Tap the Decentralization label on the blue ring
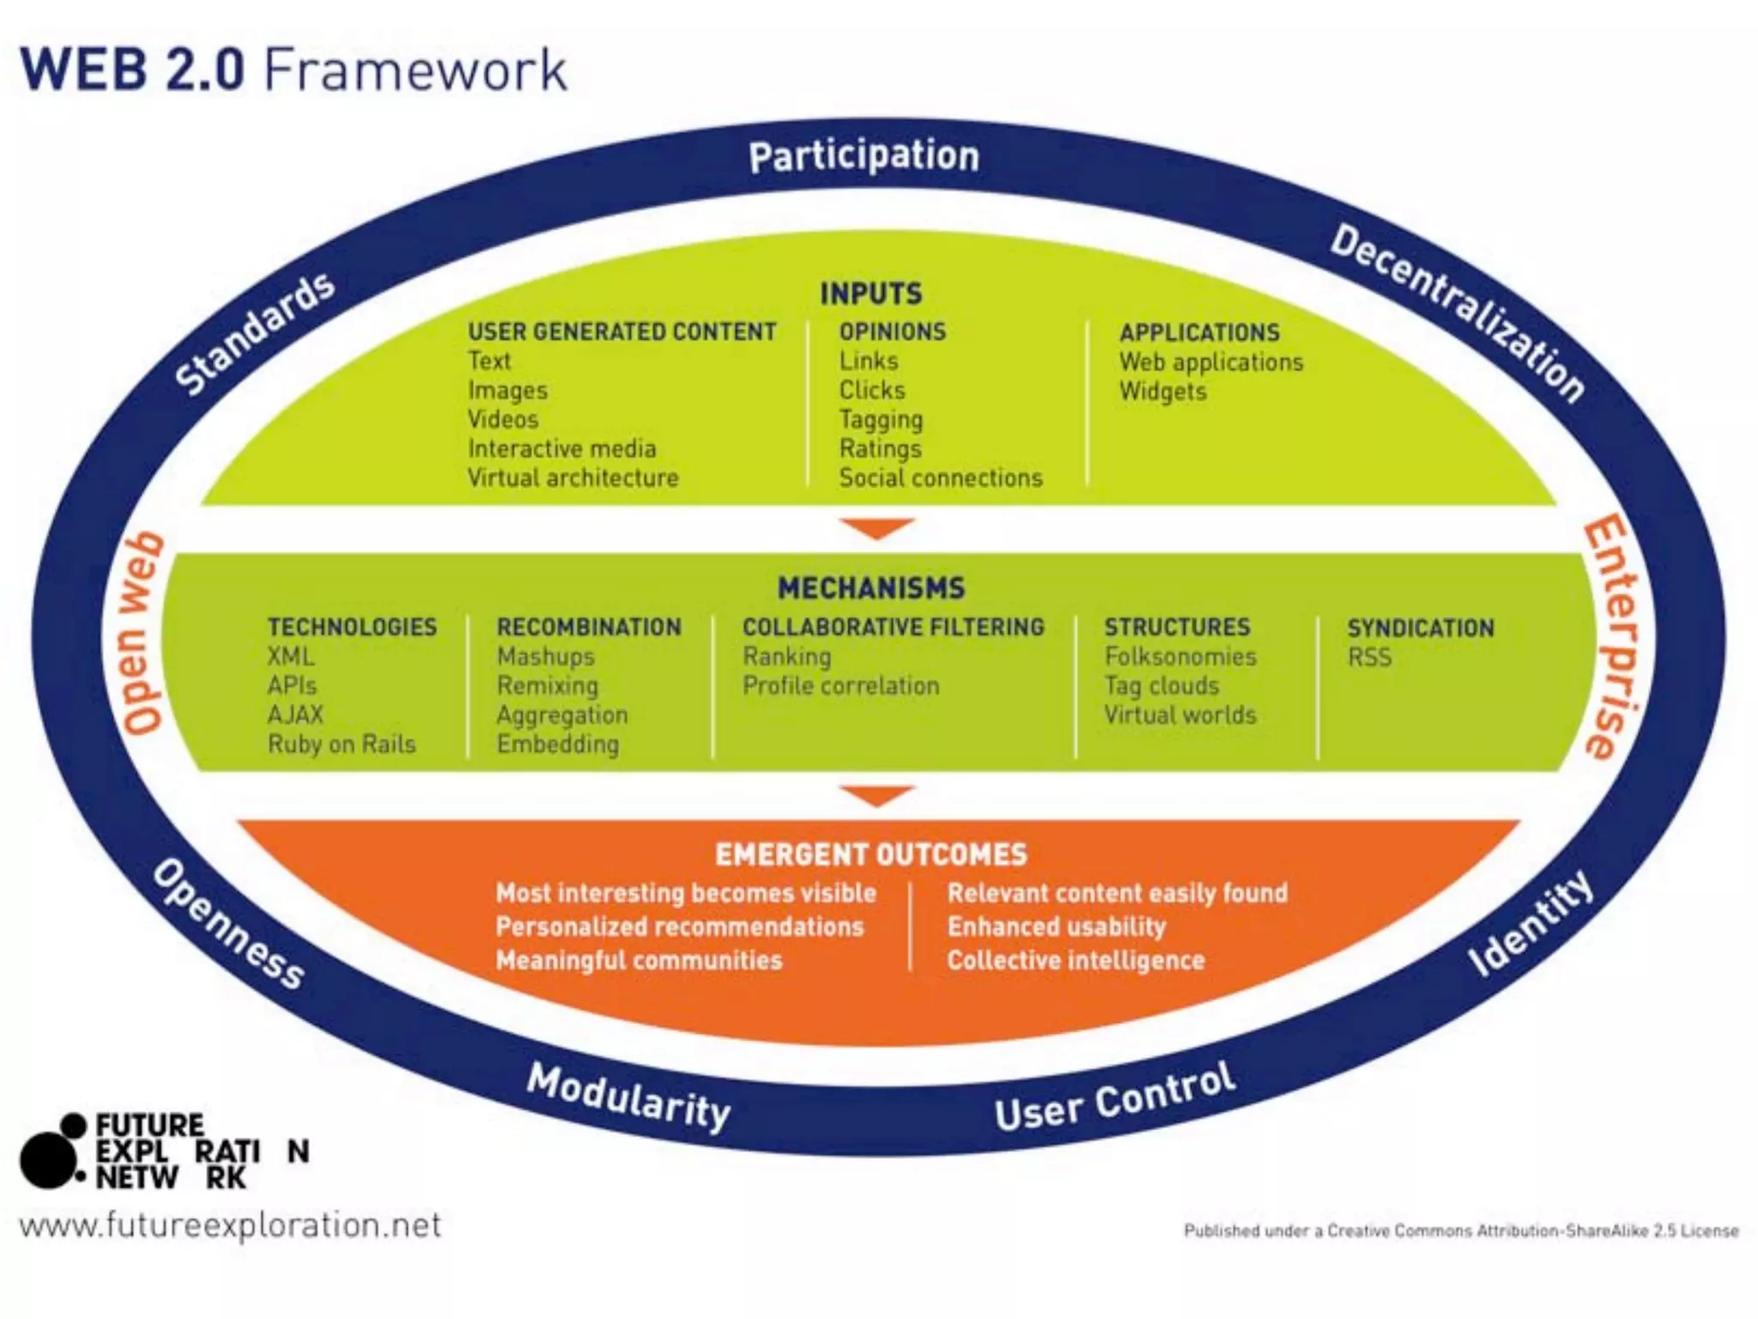1458,313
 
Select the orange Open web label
142,634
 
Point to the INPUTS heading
870,294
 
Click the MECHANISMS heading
871,588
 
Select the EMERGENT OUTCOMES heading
870,854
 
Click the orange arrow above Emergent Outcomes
876,795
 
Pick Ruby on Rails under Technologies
342,745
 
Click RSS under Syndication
1369,658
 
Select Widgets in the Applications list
1162,392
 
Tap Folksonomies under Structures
1179,657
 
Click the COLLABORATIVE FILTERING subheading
893,628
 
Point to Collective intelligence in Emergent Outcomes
1076,960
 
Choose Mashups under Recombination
545,657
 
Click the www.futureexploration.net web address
230,1225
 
